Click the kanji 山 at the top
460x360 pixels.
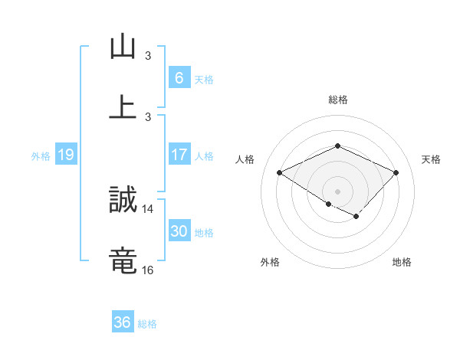(123, 47)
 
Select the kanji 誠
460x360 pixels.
(123, 200)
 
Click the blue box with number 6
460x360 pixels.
(179, 78)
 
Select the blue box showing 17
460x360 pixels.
(179, 155)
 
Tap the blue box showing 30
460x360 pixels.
(179, 231)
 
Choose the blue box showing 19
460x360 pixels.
(65, 155)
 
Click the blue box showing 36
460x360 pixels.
(122, 322)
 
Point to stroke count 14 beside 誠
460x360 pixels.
(148, 208)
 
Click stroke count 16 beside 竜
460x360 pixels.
(148, 270)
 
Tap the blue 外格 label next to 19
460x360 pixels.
(41, 156)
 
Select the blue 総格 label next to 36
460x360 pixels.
(147, 324)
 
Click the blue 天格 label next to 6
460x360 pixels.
(203, 80)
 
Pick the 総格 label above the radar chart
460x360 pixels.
(337, 100)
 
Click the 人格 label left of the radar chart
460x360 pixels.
(245, 159)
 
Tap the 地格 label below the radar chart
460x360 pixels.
(402, 262)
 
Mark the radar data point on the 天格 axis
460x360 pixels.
(396, 173)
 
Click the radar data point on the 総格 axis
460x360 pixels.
(337, 146)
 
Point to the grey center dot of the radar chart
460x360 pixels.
(337, 191)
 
